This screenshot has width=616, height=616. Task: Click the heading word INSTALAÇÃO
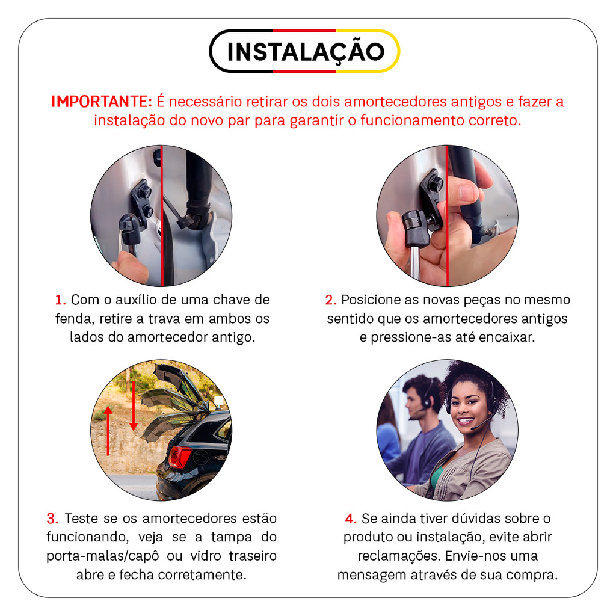tap(306, 52)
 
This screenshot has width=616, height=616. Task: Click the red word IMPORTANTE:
tap(102, 102)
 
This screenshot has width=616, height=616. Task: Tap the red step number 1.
tap(60, 300)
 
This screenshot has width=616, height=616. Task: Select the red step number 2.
tap(331, 300)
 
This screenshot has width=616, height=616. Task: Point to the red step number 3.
tap(52, 519)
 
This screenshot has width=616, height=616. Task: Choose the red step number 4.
tap(351, 519)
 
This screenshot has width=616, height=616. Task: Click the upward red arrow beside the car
tap(108, 431)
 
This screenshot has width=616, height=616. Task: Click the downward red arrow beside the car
tap(134, 405)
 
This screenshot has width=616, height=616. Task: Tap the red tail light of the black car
tap(180, 457)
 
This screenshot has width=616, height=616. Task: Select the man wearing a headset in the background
tap(420, 432)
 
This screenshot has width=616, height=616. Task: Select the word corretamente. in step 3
tap(202, 575)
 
